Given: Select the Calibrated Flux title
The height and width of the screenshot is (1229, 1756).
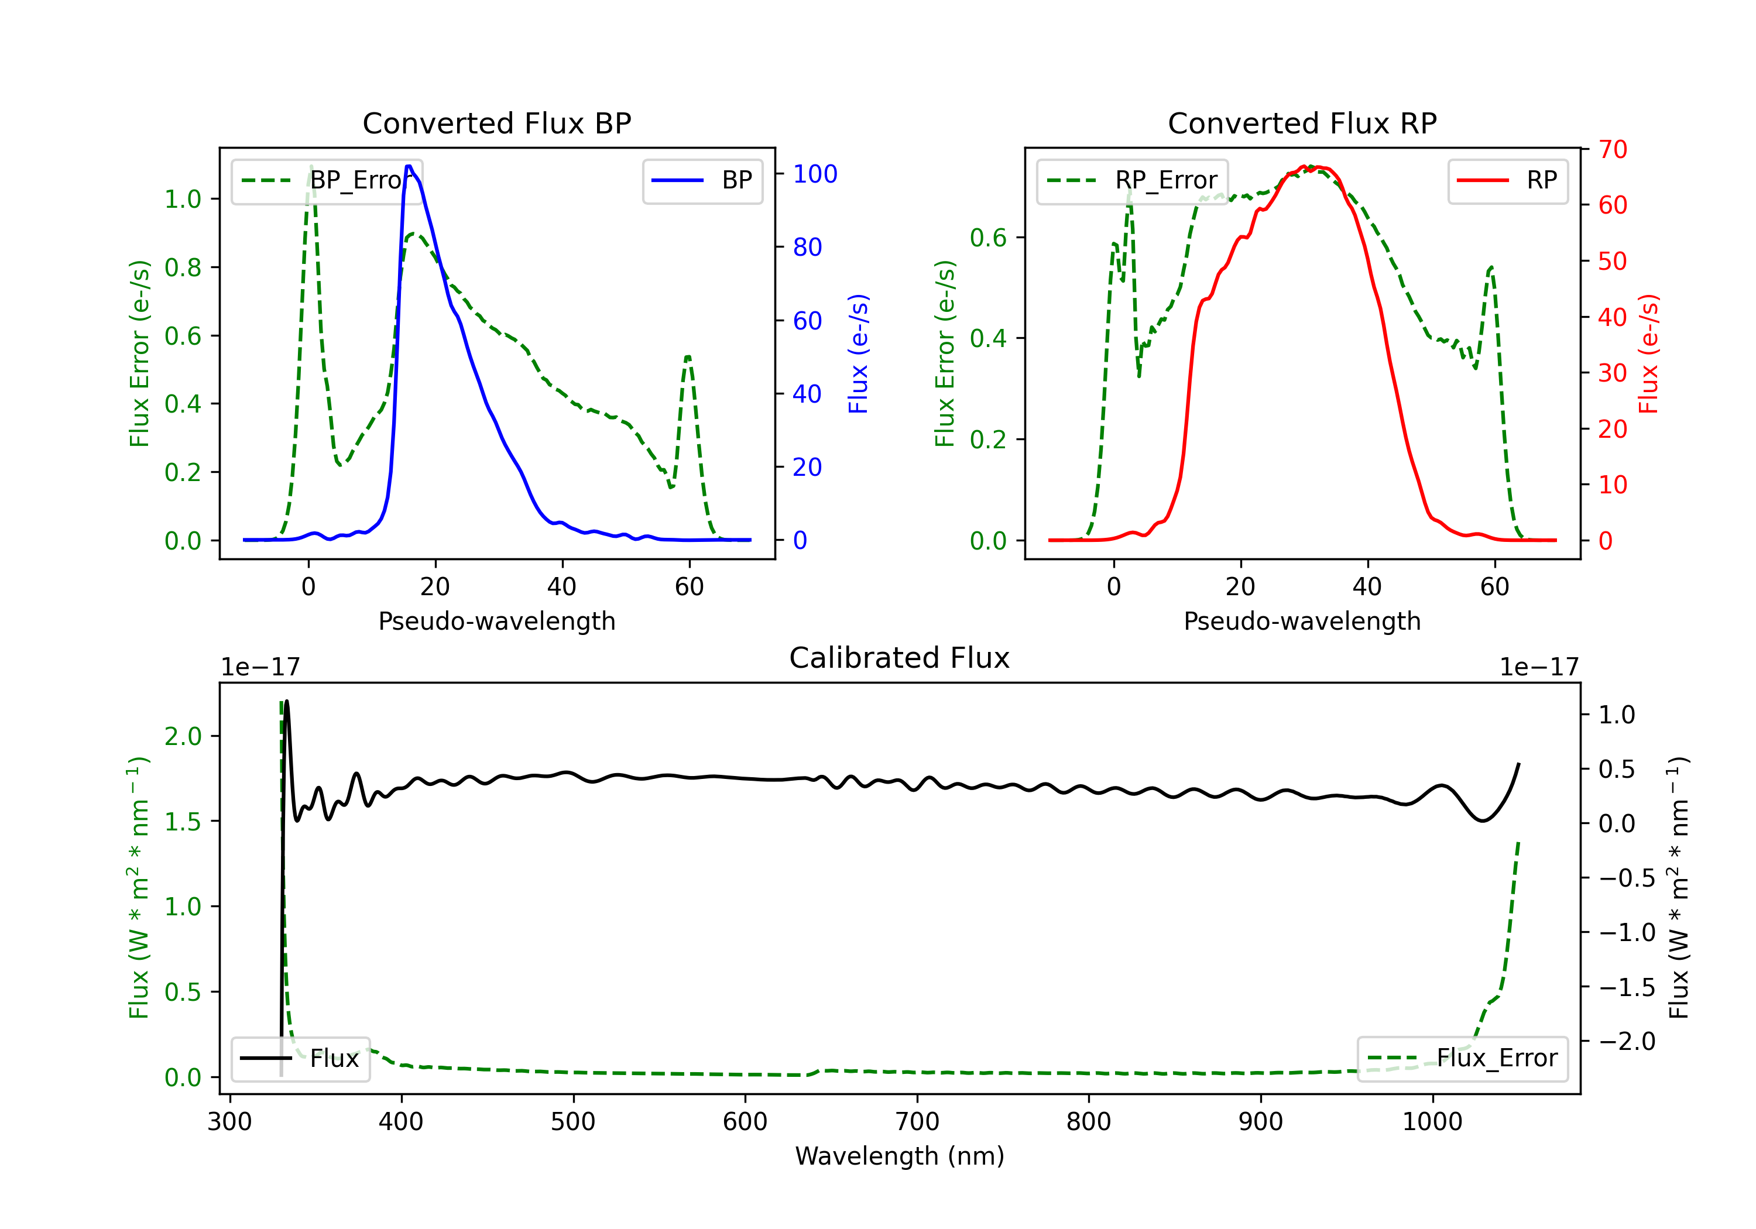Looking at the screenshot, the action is click(x=900, y=658).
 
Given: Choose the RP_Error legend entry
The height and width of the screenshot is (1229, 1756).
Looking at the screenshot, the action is click(x=1132, y=180).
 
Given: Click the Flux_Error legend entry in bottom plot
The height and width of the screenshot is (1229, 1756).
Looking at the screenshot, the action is click(x=1462, y=1059).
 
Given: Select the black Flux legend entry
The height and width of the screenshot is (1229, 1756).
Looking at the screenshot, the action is click(x=300, y=1059).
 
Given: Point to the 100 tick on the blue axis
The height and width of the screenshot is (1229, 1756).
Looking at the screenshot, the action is click(x=815, y=174).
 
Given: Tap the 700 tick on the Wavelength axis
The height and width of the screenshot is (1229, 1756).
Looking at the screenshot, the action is click(x=917, y=1122).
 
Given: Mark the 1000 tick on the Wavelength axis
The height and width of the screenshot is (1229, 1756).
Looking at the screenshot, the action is click(x=1432, y=1122).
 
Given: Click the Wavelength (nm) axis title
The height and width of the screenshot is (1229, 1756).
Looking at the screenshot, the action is click(x=900, y=1156).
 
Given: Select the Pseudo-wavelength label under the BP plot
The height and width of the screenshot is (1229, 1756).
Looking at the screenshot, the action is click(x=497, y=621).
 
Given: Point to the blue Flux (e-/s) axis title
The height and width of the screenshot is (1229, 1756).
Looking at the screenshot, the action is click(x=859, y=353).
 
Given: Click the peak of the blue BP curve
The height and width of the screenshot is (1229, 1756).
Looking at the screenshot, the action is click(x=409, y=166).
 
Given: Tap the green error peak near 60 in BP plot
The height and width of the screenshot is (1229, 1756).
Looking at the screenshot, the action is click(x=688, y=356).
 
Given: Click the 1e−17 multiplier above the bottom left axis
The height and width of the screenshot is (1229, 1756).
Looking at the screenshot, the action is click(x=260, y=668).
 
